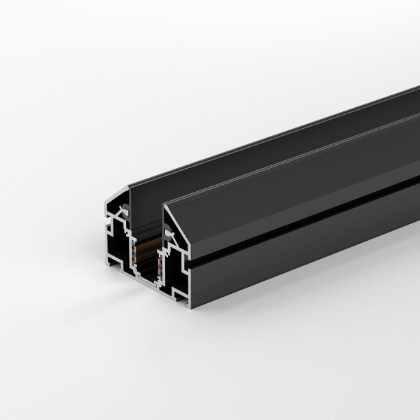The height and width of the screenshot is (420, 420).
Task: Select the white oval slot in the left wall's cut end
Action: click(x=123, y=208)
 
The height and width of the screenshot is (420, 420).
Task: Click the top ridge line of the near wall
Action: click(x=280, y=153)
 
